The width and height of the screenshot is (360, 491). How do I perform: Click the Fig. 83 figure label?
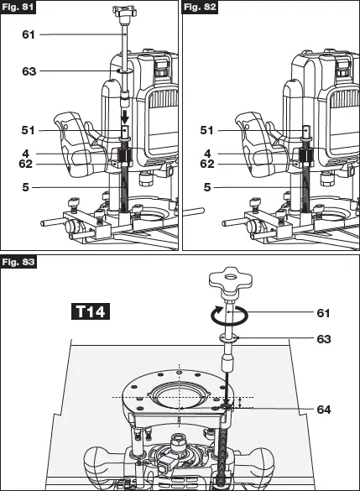[18, 262]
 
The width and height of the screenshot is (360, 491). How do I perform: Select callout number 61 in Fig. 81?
[28, 34]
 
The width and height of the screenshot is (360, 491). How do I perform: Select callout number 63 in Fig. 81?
[28, 72]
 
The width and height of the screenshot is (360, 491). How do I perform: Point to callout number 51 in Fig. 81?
[28, 130]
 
